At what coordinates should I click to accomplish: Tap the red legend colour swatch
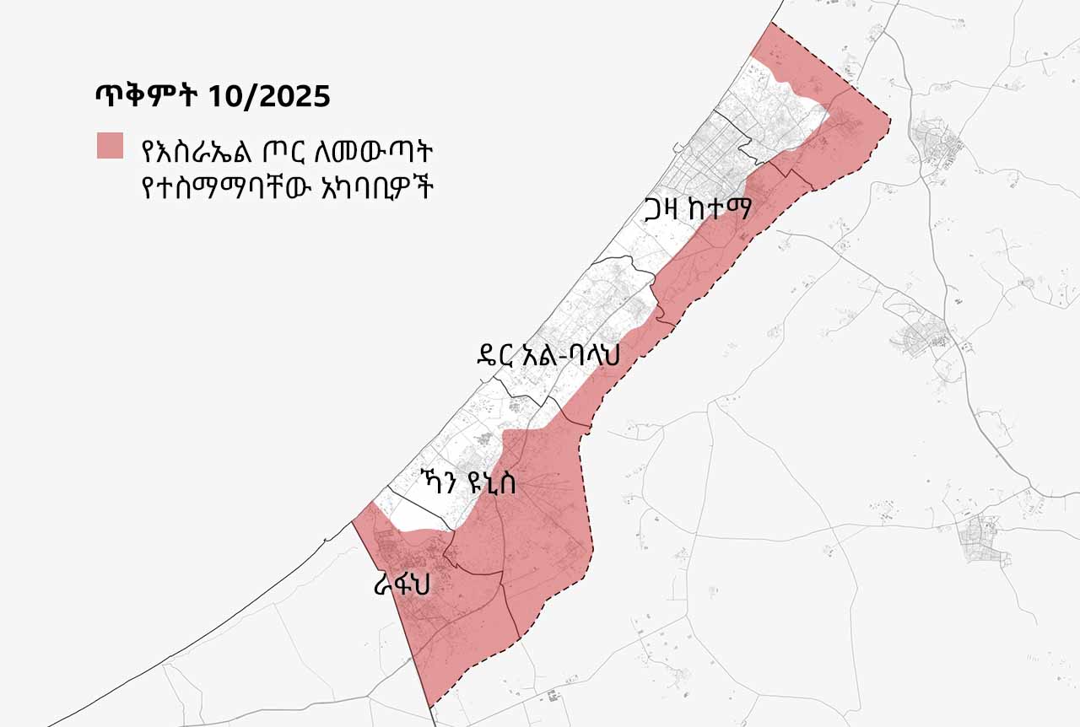(x=110, y=145)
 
